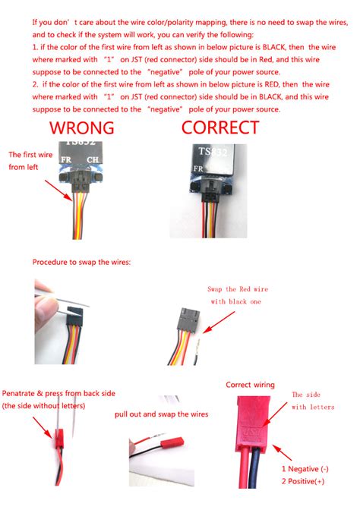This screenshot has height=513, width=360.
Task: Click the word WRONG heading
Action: pyautogui.click(x=81, y=127)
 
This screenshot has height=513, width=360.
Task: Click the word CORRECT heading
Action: pyautogui.click(x=220, y=127)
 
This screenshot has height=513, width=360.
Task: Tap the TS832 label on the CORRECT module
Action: pyautogui.click(x=213, y=152)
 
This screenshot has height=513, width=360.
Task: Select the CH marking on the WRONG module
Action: pyautogui.click(x=93, y=159)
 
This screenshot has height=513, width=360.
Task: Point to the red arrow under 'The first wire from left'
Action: pyautogui.click(x=58, y=190)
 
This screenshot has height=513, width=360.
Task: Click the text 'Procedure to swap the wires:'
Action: pyautogui.click(x=81, y=262)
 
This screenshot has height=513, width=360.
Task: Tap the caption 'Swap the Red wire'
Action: pyautogui.click(x=238, y=289)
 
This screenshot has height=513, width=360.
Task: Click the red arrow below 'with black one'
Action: pyautogui.click(x=219, y=323)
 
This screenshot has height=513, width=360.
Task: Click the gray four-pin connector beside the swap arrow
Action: pyautogui.click(x=188, y=319)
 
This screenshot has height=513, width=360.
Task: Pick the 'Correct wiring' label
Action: pyautogui.click(x=251, y=385)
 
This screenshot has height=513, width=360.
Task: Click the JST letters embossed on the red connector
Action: pyautogui.click(x=252, y=433)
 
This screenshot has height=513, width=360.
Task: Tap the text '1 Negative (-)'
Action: pyautogui.click(x=305, y=469)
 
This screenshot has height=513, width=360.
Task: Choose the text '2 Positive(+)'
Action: pyautogui.click(x=303, y=481)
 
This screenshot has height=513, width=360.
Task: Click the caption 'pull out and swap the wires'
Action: pyautogui.click(x=162, y=414)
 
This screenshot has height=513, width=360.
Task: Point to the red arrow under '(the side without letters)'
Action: pyautogui.click(x=43, y=427)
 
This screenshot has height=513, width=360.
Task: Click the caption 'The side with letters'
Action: pyautogui.click(x=313, y=401)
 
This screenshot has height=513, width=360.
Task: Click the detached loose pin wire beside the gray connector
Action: pyautogui.click(x=197, y=352)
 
